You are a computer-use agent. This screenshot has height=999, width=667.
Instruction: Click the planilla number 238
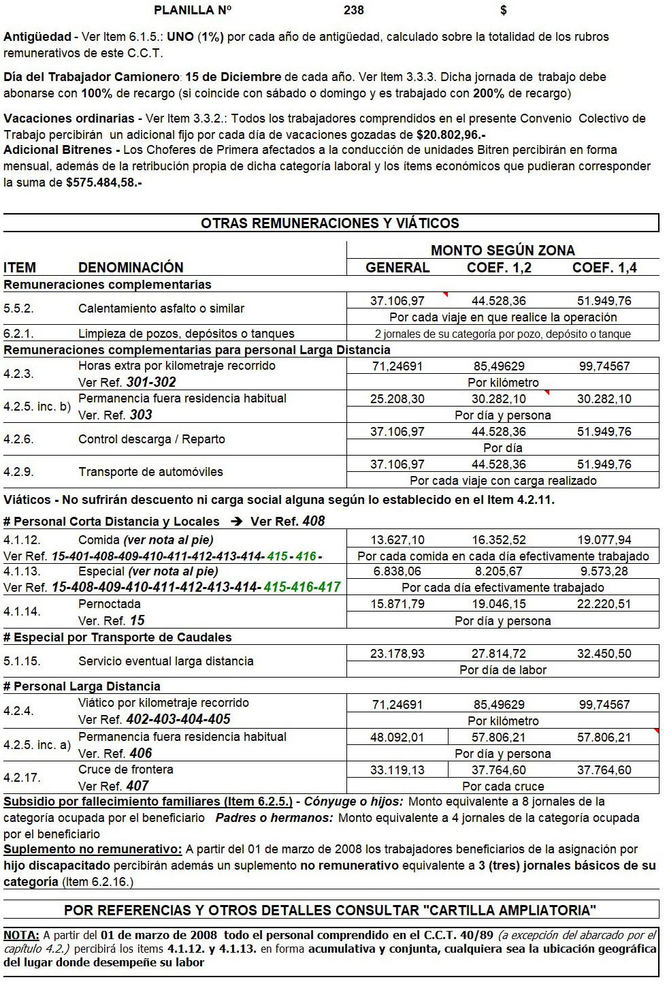tap(354, 10)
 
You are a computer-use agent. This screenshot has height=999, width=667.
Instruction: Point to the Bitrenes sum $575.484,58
tap(103, 183)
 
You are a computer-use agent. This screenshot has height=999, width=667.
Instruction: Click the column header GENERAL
tap(397, 268)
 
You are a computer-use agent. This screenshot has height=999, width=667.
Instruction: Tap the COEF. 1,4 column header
tap(604, 268)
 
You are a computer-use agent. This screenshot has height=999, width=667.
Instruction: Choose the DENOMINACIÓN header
tap(131, 268)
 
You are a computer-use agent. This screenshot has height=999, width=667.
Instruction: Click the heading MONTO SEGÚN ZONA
tap(502, 251)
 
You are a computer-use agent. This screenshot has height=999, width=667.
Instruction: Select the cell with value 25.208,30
tap(397, 399)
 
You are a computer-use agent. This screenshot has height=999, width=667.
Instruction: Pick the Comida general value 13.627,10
tap(397, 540)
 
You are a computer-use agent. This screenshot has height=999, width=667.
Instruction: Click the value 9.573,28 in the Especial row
tap(604, 571)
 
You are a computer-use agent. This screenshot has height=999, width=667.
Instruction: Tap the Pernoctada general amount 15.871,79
tap(397, 604)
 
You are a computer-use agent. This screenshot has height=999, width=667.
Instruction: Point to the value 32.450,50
tap(604, 654)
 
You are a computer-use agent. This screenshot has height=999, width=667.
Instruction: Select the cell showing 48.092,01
tap(397, 738)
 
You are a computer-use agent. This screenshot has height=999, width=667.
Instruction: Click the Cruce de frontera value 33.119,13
tap(397, 770)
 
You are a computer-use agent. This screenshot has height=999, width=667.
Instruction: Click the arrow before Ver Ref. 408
tap(236, 522)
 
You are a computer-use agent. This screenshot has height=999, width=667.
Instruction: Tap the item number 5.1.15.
tap(22, 661)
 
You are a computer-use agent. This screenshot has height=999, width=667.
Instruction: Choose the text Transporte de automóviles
tap(150, 472)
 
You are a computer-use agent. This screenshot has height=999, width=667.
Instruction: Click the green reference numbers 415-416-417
tap(302, 587)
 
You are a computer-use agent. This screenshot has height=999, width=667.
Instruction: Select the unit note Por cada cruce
tap(503, 787)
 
